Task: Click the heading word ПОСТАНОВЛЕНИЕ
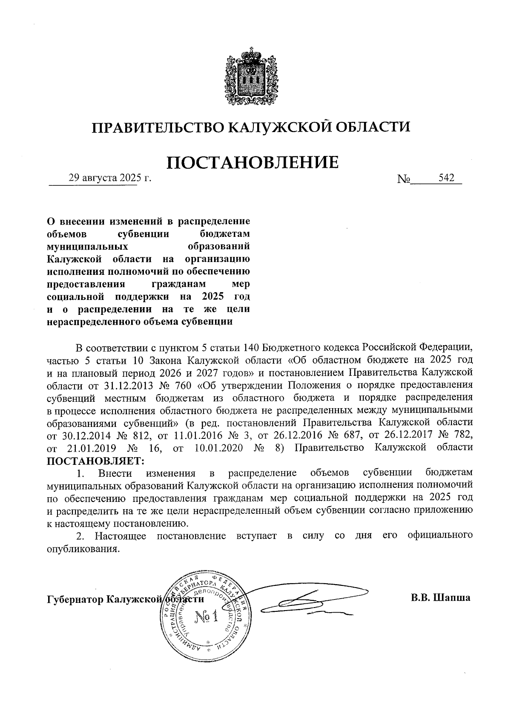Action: click(253, 162)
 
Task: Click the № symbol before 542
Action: click(403, 179)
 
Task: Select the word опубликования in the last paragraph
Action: click(80, 549)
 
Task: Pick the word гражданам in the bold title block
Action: click(179, 284)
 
